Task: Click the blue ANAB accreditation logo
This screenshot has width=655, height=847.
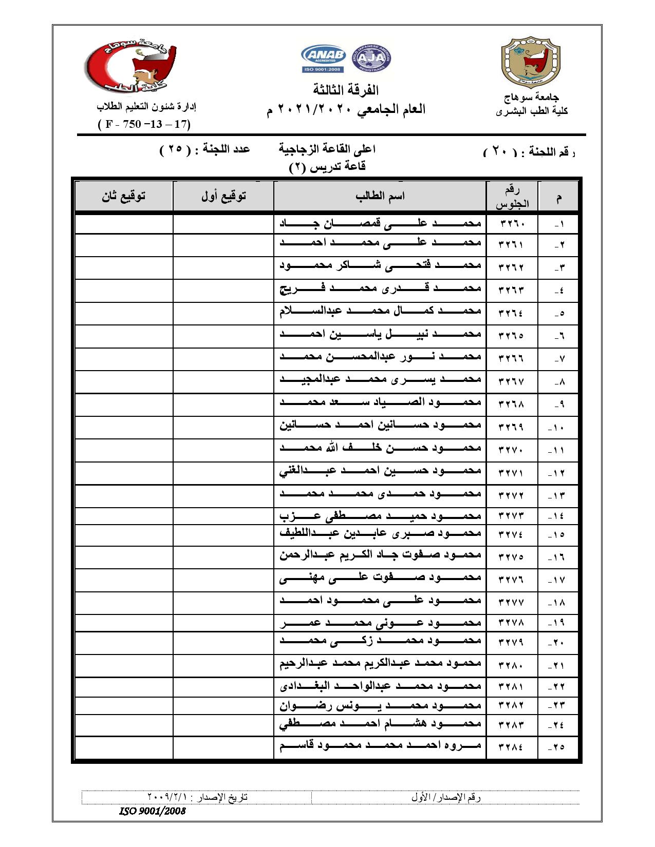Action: [x=324, y=58]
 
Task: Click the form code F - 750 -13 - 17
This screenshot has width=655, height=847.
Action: [x=144, y=124]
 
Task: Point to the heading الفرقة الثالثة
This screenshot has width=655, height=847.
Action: [x=345, y=91]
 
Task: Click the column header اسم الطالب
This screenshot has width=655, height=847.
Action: [x=380, y=196]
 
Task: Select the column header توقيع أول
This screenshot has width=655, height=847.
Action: [x=223, y=196]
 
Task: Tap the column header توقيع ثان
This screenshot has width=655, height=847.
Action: [x=123, y=196]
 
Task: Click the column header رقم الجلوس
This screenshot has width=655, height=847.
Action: [x=512, y=196]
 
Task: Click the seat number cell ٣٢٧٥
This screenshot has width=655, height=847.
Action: [x=512, y=556]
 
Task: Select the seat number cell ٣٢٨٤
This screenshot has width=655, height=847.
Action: [x=512, y=746]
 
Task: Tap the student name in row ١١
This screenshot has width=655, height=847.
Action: [x=380, y=448]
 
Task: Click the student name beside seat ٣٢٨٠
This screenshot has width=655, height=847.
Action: [x=380, y=663]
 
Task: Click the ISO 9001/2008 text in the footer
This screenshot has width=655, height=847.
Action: [x=152, y=812]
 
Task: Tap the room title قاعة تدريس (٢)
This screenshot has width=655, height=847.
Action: [x=327, y=166]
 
